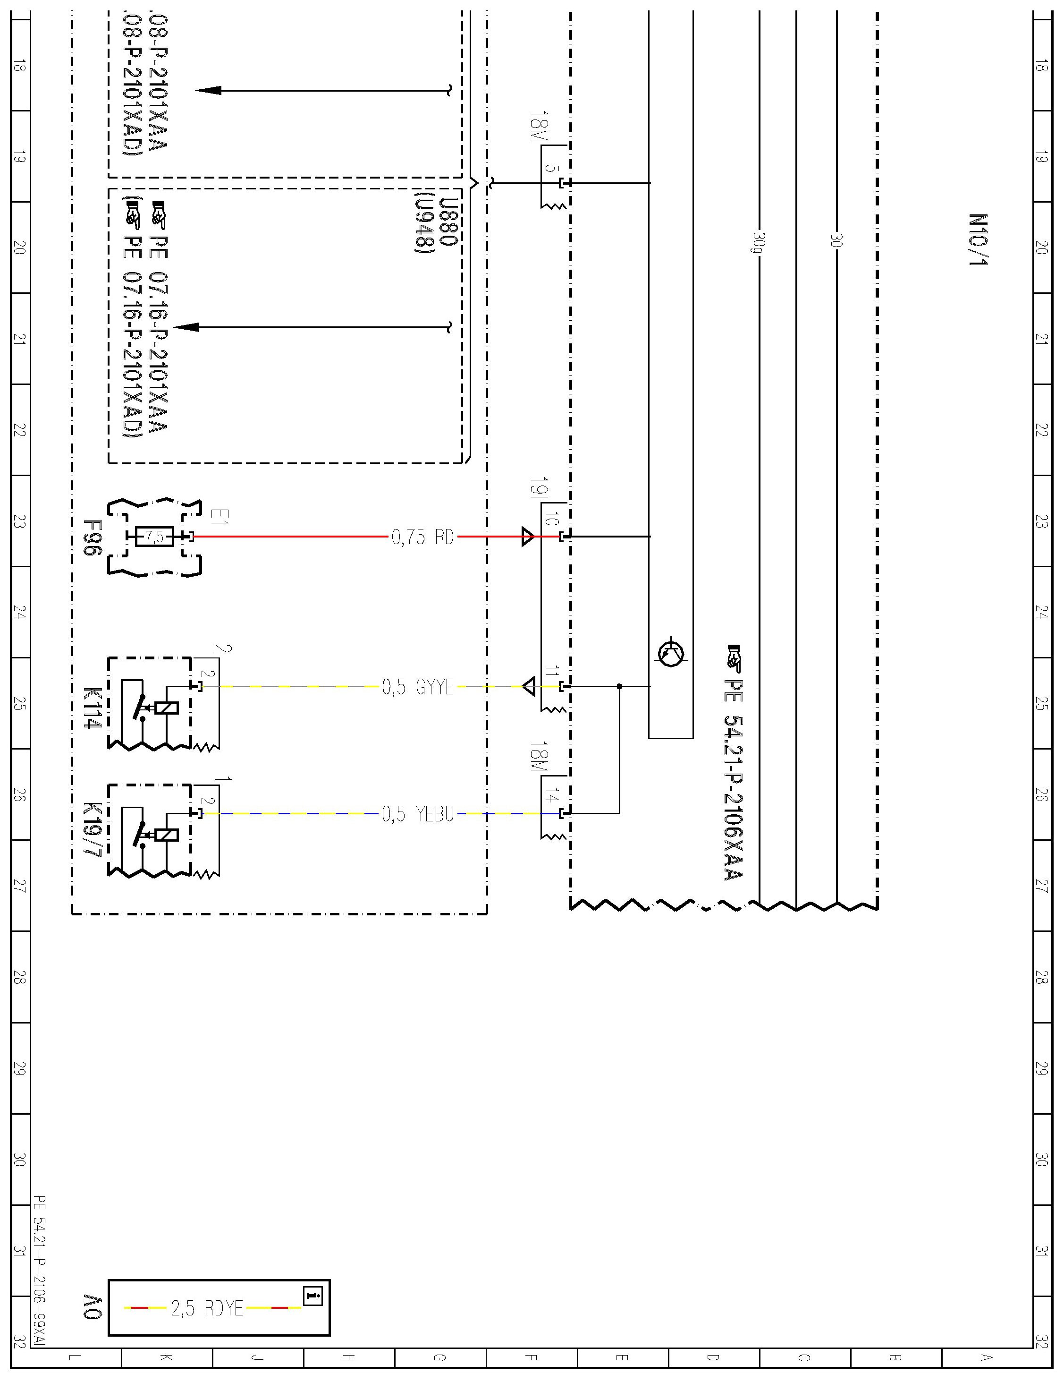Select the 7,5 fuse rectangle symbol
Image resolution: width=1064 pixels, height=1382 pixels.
click(x=154, y=537)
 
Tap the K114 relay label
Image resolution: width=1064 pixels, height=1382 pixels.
click(x=93, y=708)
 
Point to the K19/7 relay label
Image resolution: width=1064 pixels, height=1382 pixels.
click(x=93, y=829)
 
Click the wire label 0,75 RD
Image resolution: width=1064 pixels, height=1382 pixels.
click(x=422, y=537)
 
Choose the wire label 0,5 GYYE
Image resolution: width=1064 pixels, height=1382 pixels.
click(x=417, y=687)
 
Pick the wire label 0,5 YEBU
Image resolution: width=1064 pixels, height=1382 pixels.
click(x=417, y=814)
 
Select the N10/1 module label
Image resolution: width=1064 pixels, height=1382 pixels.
click(x=977, y=239)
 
